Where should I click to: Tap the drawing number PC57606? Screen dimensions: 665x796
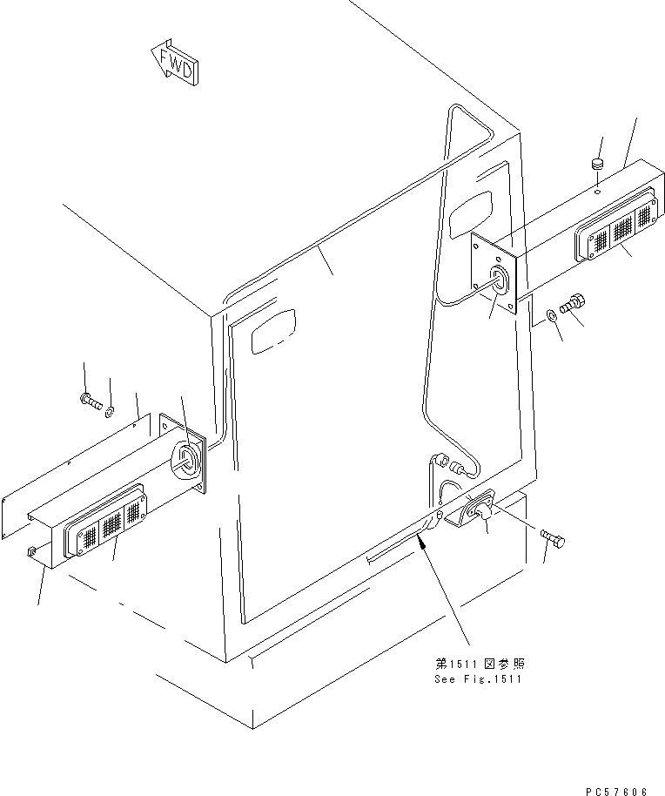616,791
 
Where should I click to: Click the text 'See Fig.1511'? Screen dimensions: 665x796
478,679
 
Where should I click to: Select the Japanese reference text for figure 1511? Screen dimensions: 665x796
480,664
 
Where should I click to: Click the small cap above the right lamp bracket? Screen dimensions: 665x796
598,165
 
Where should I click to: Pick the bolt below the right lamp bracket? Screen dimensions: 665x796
572,304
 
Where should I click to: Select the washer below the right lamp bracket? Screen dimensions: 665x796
551,316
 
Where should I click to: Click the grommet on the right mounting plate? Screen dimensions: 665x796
499,280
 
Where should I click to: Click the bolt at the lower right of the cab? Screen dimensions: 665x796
553,538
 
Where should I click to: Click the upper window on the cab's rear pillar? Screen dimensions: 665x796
471,214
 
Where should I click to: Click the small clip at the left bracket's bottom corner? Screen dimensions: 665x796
30,550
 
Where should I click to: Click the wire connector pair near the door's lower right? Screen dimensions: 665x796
450,464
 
